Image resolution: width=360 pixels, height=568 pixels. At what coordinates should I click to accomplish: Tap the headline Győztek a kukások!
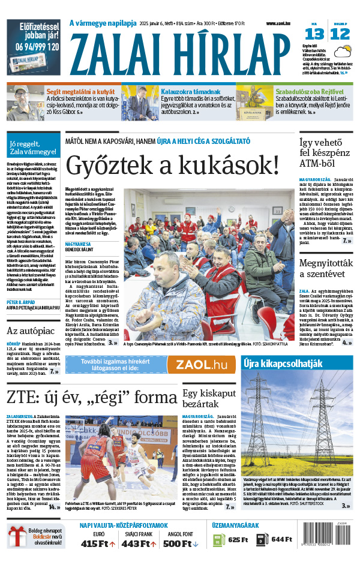(x=173, y=165)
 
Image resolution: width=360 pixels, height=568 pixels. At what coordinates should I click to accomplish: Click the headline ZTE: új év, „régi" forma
(x=92, y=397)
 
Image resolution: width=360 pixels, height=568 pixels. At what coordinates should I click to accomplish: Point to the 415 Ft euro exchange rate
(x=97, y=543)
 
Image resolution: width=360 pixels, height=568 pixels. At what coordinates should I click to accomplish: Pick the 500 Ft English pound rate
(x=180, y=543)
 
